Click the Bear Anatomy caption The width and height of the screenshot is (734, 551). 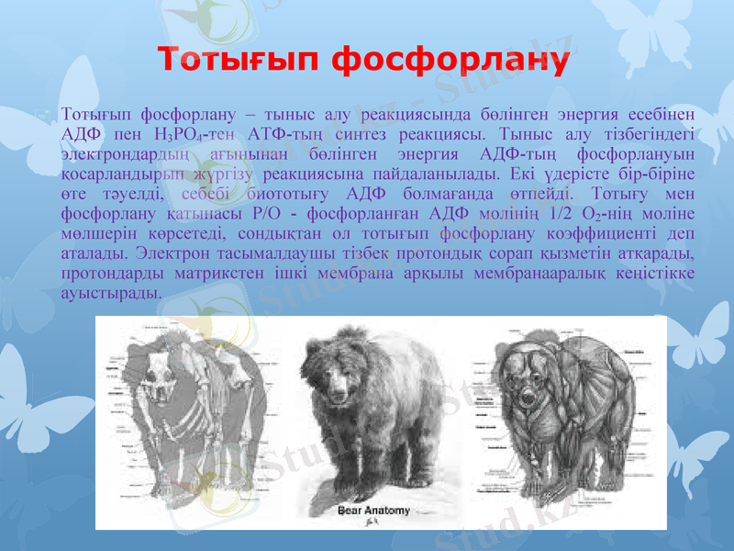click(x=373, y=511)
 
